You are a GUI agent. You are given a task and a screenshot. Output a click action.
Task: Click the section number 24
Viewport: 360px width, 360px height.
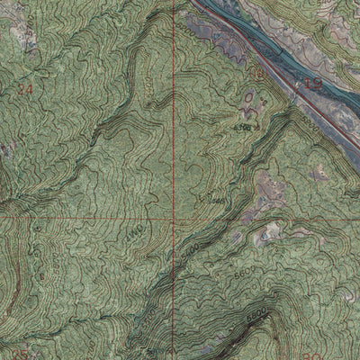click(x=24, y=90)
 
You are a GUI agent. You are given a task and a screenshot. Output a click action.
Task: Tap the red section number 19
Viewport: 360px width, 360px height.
click(x=314, y=84)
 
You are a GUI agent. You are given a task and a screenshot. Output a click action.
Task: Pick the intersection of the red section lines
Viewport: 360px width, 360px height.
click(x=172, y=219)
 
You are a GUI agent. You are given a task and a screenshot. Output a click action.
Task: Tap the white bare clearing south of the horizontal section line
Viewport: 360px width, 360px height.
click(x=268, y=236)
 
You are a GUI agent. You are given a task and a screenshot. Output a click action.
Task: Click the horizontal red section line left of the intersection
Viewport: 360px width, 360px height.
click(x=81, y=219)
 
